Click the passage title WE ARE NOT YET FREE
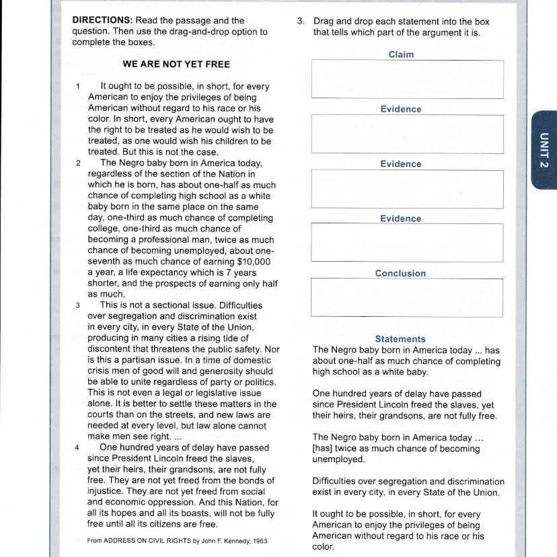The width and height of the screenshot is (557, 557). coord(176,65)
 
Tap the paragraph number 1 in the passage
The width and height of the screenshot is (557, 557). coord(78,87)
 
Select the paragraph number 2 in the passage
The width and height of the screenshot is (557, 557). coord(78,163)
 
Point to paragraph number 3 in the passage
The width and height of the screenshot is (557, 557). coord(78,305)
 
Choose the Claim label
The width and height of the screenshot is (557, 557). coord(401,54)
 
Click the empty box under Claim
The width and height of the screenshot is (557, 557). coord(407,79)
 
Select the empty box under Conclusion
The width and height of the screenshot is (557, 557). coord(407,297)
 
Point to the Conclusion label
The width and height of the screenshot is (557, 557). coord(400,274)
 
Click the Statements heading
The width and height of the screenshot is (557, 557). coord(400,339)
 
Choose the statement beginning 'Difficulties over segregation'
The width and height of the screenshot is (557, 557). coord(408,487)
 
